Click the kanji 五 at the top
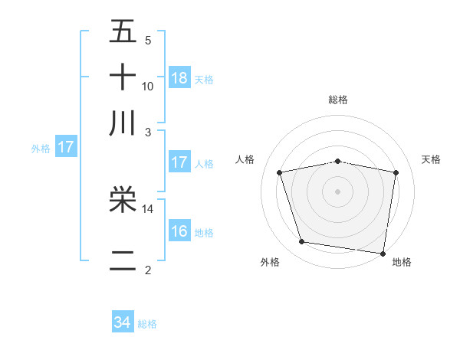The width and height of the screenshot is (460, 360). tap(123, 33)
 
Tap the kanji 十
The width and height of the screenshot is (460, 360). tap(123, 77)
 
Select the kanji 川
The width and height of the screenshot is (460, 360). tap(123, 123)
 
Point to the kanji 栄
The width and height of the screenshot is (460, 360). tap(123, 201)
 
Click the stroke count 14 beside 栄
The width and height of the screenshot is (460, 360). tap(148, 208)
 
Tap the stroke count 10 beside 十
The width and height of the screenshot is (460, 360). tap(148, 86)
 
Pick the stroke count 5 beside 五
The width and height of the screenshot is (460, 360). tap(148, 41)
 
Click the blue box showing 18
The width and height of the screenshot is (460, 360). tap(179, 78)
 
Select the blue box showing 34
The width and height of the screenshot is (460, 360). tap(123, 323)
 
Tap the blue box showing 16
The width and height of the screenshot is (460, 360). tap(179, 231)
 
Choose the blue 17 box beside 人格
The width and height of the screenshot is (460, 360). tap(179, 162)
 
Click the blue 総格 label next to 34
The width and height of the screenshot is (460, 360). tap(147, 324)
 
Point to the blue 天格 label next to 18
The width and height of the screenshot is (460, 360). tap(204, 79)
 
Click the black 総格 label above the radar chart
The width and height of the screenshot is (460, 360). tap(337, 100)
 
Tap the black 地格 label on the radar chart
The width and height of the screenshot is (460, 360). tap(402, 263)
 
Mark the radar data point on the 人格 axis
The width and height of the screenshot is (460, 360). tap(280, 172)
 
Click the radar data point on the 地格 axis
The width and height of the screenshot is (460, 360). tap(383, 252)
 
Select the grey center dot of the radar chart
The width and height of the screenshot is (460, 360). tap(337, 191)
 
